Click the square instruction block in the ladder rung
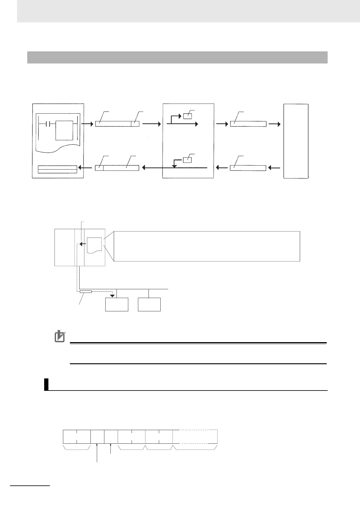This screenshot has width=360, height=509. point(64,130)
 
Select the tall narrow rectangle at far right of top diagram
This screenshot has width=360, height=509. point(296,141)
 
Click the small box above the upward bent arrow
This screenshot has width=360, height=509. point(188,116)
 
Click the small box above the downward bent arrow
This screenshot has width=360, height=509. point(188,160)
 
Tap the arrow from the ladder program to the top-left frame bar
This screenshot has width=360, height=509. point(89,124)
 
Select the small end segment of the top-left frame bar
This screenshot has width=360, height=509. point(135,124)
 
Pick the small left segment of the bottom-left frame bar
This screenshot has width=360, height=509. point(99,168)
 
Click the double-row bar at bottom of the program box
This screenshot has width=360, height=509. point(57,169)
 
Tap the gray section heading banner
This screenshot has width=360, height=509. point(177,57)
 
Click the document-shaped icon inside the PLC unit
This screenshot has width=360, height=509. point(94,245)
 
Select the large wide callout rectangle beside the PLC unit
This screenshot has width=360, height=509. point(207,246)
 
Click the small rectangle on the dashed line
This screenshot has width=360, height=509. point(86,292)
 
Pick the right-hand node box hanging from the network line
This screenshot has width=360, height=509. point(149,304)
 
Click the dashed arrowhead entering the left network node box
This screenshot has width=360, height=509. point(113,295)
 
